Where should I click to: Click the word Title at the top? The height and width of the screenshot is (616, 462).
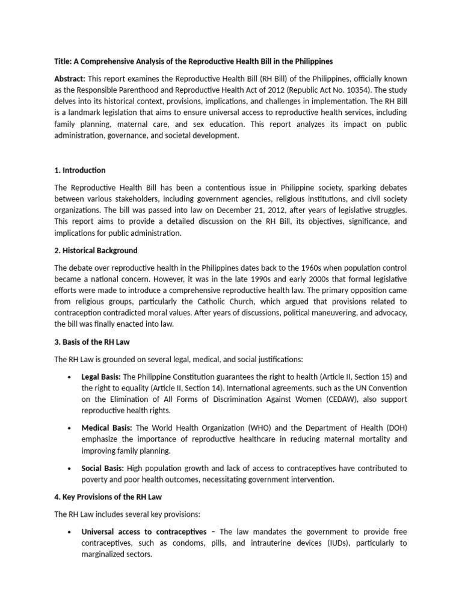click(x=63, y=62)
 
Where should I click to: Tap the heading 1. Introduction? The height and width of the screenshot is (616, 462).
click(x=80, y=170)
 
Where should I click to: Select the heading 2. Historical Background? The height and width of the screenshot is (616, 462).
click(x=96, y=250)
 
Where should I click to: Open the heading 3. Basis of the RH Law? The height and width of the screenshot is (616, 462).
click(x=92, y=342)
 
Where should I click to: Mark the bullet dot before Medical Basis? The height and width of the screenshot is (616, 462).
click(x=72, y=428)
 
